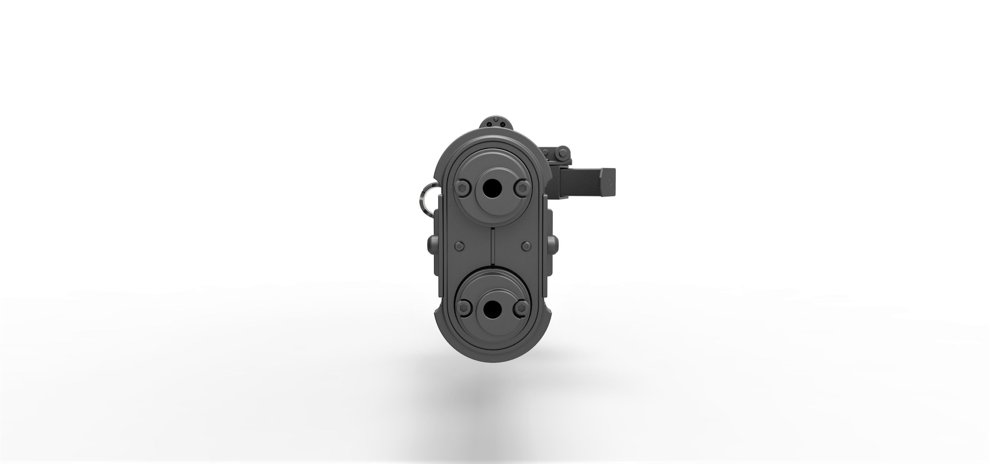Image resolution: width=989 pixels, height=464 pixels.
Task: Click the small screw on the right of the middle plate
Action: [x=526, y=245]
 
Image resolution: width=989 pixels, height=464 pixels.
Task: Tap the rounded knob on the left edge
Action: [x=431, y=245]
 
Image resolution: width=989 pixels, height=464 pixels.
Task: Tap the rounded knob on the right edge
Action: [x=553, y=245]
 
